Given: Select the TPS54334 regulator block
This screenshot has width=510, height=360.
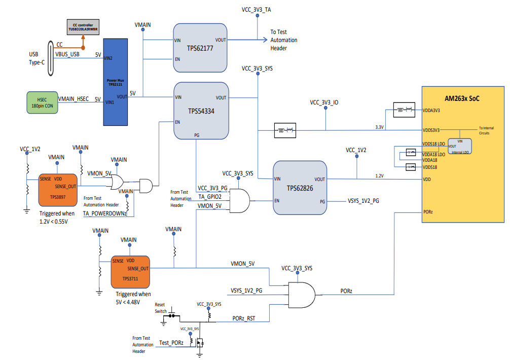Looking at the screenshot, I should [x=201, y=111].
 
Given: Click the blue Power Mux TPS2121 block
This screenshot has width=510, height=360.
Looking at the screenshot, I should [x=115, y=81].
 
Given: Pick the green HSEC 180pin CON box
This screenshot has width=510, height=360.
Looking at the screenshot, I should [x=42, y=101].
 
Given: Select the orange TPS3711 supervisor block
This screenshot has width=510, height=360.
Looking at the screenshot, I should [x=130, y=271].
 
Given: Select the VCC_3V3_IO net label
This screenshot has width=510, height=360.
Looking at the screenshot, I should [x=324, y=102].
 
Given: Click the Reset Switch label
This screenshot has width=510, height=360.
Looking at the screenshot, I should [x=160, y=308].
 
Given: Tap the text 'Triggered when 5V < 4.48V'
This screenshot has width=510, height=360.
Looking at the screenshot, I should [x=133, y=299].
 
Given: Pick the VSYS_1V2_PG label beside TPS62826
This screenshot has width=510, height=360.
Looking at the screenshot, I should [x=363, y=201].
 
